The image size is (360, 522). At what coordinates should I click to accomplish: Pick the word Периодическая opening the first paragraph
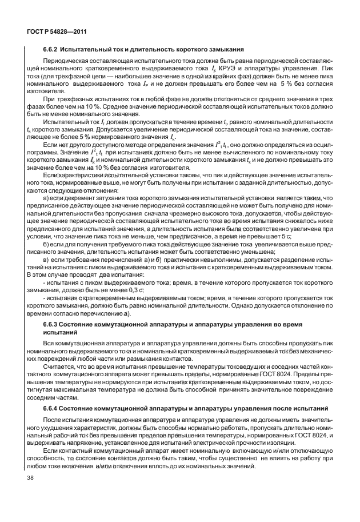[x=63, y=60]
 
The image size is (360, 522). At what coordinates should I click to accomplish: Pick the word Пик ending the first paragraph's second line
[x=328, y=68]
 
